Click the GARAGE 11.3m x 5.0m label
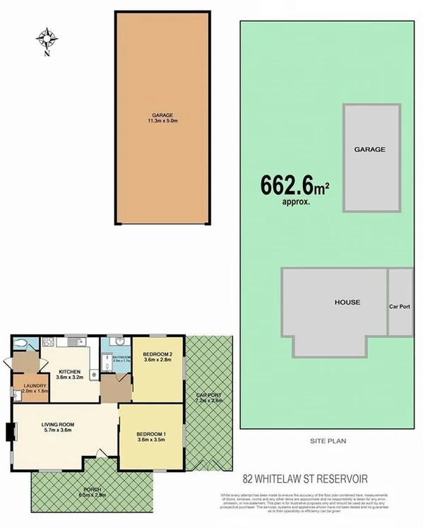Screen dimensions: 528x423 (x=162, y=117)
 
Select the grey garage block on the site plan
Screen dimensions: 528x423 (x=371, y=157)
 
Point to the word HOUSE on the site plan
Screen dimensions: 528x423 (x=347, y=303)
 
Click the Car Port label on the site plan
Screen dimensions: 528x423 (x=400, y=307)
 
